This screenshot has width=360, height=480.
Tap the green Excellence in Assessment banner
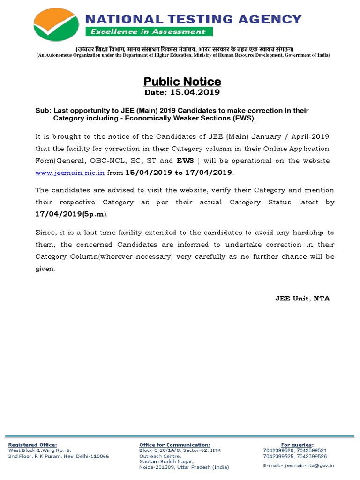pos(148,31)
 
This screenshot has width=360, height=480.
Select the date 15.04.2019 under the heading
pos(182,92)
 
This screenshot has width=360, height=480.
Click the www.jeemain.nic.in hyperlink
pos(70,172)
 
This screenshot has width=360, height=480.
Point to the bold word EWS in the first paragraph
pos(185,160)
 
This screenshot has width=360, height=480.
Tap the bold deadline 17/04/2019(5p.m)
pos(71,214)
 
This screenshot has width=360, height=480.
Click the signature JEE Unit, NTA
pos(302,299)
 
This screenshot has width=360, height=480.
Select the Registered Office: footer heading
pos(33,445)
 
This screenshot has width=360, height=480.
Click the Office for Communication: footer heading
pos(175,445)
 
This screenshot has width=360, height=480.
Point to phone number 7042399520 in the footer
pos(278,450)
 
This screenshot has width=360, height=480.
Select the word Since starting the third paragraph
pos(45,232)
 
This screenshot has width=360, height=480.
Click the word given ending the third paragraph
pos(45,269)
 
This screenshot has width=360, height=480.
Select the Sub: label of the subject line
pos(43,111)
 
